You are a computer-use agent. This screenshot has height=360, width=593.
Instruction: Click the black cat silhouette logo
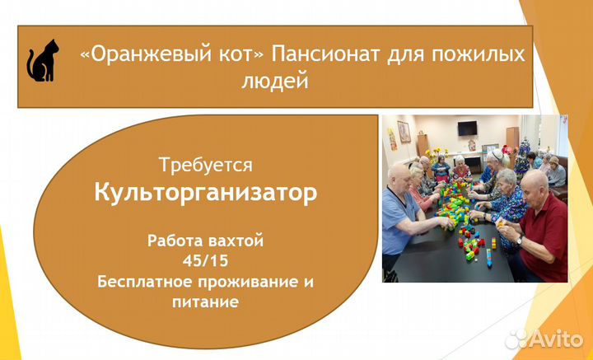tap(42, 60)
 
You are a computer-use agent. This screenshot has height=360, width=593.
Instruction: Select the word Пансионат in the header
tap(325, 54)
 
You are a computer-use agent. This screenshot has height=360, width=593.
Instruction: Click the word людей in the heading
tap(275, 81)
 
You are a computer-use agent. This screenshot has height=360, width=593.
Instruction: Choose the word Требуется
tap(205, 166)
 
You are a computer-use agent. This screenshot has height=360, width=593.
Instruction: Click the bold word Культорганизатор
tap(205, 194)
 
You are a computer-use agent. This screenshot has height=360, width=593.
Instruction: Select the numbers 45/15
tap(205, 261)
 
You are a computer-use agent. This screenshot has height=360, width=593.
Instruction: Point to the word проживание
tap(248, 283)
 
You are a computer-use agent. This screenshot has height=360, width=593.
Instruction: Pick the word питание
tap(205, 302)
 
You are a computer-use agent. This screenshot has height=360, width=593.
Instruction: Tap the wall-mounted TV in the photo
tap(468, 129)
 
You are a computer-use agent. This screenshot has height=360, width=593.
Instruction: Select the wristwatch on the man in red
tap(519, 241)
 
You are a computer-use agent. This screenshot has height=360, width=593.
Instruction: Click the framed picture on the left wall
tap(404, 132)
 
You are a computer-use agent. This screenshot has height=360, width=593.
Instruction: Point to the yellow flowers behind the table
tap(434, 152)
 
